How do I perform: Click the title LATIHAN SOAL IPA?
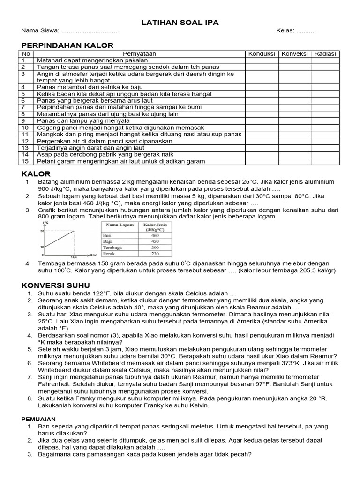point(180,22)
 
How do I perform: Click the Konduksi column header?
point(262,54)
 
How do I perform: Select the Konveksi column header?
point(294,54)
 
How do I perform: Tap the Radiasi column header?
point(325,54)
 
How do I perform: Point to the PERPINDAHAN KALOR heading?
point(67,45)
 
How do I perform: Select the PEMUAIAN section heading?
point(39,419)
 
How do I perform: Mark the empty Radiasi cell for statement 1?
point(325,60)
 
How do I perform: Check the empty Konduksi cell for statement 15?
point(262,161)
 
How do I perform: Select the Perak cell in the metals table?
point(110,254)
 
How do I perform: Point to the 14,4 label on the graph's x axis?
point(74,257)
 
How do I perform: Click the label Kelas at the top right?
point(285,30)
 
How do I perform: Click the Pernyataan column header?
point(139,54)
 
